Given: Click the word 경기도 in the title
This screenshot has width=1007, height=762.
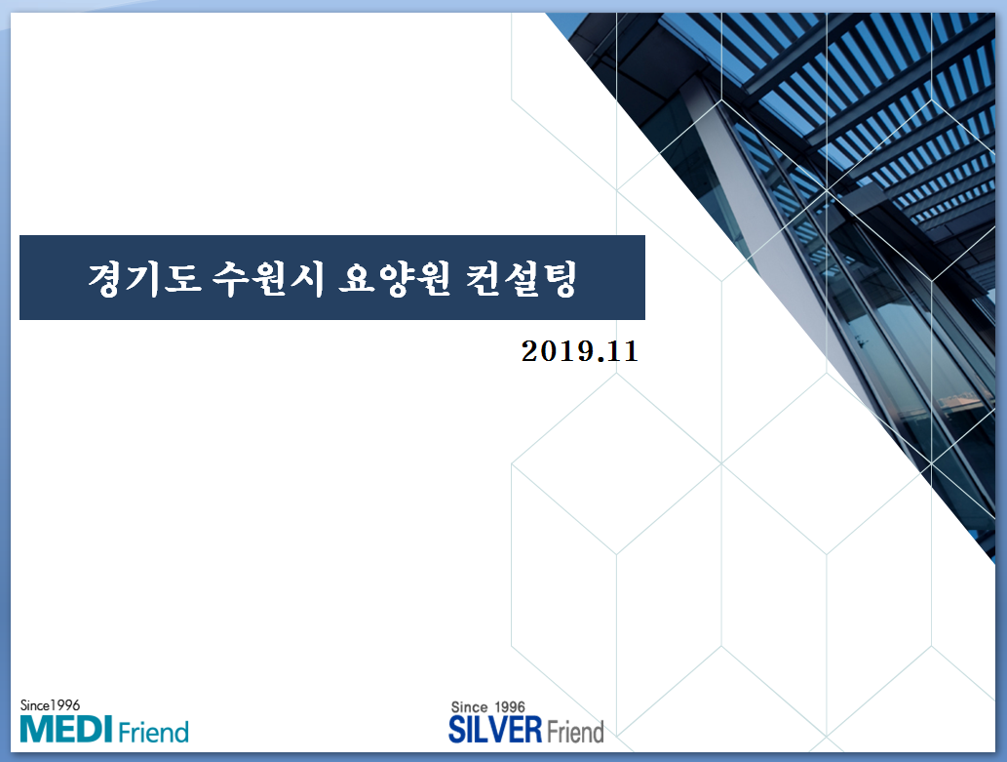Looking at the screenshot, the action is (x=145, y=278).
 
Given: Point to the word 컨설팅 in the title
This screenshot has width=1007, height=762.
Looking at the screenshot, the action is (x=521, y=278).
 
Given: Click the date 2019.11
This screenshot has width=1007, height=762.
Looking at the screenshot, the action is (x=580, y=351).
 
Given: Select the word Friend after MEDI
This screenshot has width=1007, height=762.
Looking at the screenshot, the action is (x=153, y=732).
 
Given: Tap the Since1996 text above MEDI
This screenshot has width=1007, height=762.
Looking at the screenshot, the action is (x=50, y=705).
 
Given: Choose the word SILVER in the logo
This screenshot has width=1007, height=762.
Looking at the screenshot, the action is (x=495, y=730).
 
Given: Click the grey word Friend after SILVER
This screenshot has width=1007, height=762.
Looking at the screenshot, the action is (x=575, y=732).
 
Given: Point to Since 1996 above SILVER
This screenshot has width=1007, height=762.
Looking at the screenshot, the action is (x=488, y=707).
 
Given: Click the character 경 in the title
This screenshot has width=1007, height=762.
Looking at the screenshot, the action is (x=106, y=278).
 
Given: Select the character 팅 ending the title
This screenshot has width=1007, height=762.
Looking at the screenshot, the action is (x=559, y=278).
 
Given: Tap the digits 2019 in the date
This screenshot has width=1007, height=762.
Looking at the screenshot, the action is (x=557, y=351).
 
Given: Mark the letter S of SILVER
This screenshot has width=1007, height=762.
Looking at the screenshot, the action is (x=456, y=730).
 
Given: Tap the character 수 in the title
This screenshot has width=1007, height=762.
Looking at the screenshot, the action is (x=231, y=278).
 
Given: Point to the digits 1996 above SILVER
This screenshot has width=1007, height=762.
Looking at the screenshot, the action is (x=510, y=707).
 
